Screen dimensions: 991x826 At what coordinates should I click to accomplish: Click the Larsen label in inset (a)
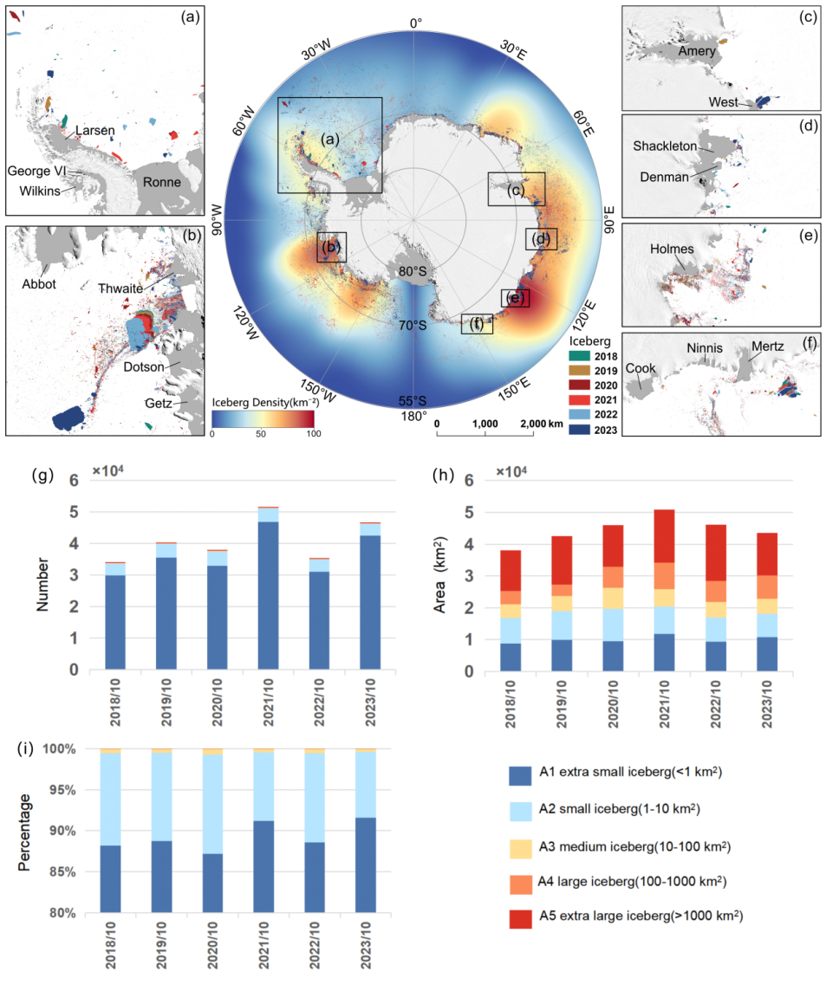94,131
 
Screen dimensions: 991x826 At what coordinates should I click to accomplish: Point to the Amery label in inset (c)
697,52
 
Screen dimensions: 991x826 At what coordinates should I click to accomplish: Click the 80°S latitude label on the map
412,271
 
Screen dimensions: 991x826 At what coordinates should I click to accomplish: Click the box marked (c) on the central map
517,189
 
